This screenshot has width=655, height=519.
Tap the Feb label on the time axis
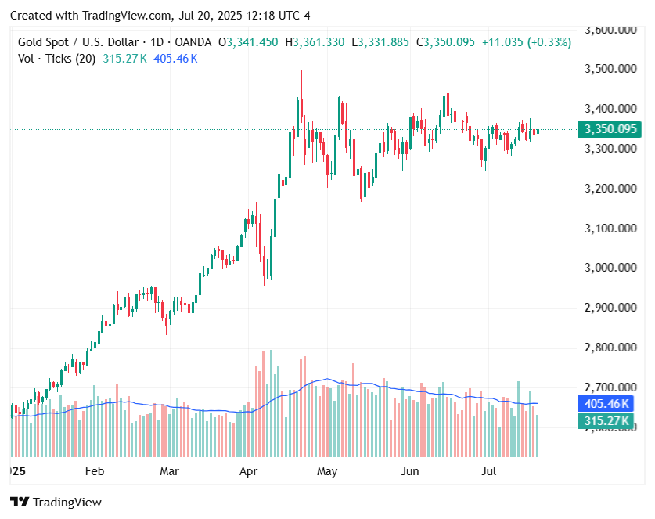[x=94, y=471]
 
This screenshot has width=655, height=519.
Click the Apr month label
[x=249, y=471]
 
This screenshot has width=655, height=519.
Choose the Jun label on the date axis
[x=409, y=471]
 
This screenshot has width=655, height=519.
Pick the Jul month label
[x=489, y=471]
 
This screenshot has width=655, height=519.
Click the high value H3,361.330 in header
[x=315, y=42]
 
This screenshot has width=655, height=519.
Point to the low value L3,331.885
[x=380, y=42]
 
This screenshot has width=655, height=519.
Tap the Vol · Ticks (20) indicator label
[x=56, y=59]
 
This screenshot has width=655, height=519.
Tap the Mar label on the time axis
[x=169, y=471]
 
